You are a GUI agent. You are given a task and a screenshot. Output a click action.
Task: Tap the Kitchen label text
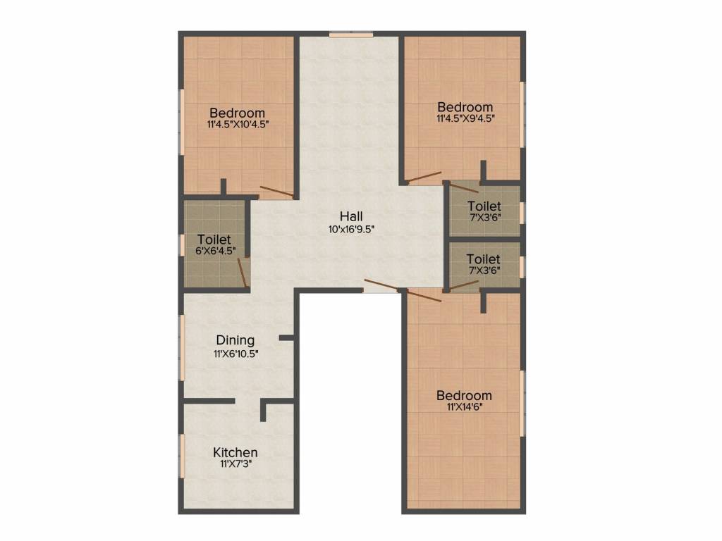point(235,452)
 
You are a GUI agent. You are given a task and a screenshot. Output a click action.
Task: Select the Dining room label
point(235,340)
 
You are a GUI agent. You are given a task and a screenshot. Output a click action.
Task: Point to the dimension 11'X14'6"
point(463,407)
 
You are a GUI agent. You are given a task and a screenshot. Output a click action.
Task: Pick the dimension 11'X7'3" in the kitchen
point(235,465)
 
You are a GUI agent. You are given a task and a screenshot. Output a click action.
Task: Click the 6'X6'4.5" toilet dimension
point(214,250)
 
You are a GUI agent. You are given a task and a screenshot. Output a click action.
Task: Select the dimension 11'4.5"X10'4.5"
point(238,124)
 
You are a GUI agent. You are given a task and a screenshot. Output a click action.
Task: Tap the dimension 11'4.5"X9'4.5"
point(465,119)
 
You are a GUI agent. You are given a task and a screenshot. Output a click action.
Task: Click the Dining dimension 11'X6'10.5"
point(235,354)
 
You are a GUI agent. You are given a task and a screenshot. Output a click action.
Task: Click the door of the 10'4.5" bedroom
point(276,191)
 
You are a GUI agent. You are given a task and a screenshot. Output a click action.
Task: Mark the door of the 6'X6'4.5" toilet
point(242,273)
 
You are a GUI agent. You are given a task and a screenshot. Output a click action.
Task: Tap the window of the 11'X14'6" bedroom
point(522,403)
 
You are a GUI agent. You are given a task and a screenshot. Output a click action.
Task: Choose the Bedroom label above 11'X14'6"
point(463,395)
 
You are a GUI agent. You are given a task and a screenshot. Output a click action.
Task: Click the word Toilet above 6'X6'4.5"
point(214,239)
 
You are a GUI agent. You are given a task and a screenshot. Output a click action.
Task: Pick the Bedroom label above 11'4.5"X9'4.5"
point(465,107)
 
